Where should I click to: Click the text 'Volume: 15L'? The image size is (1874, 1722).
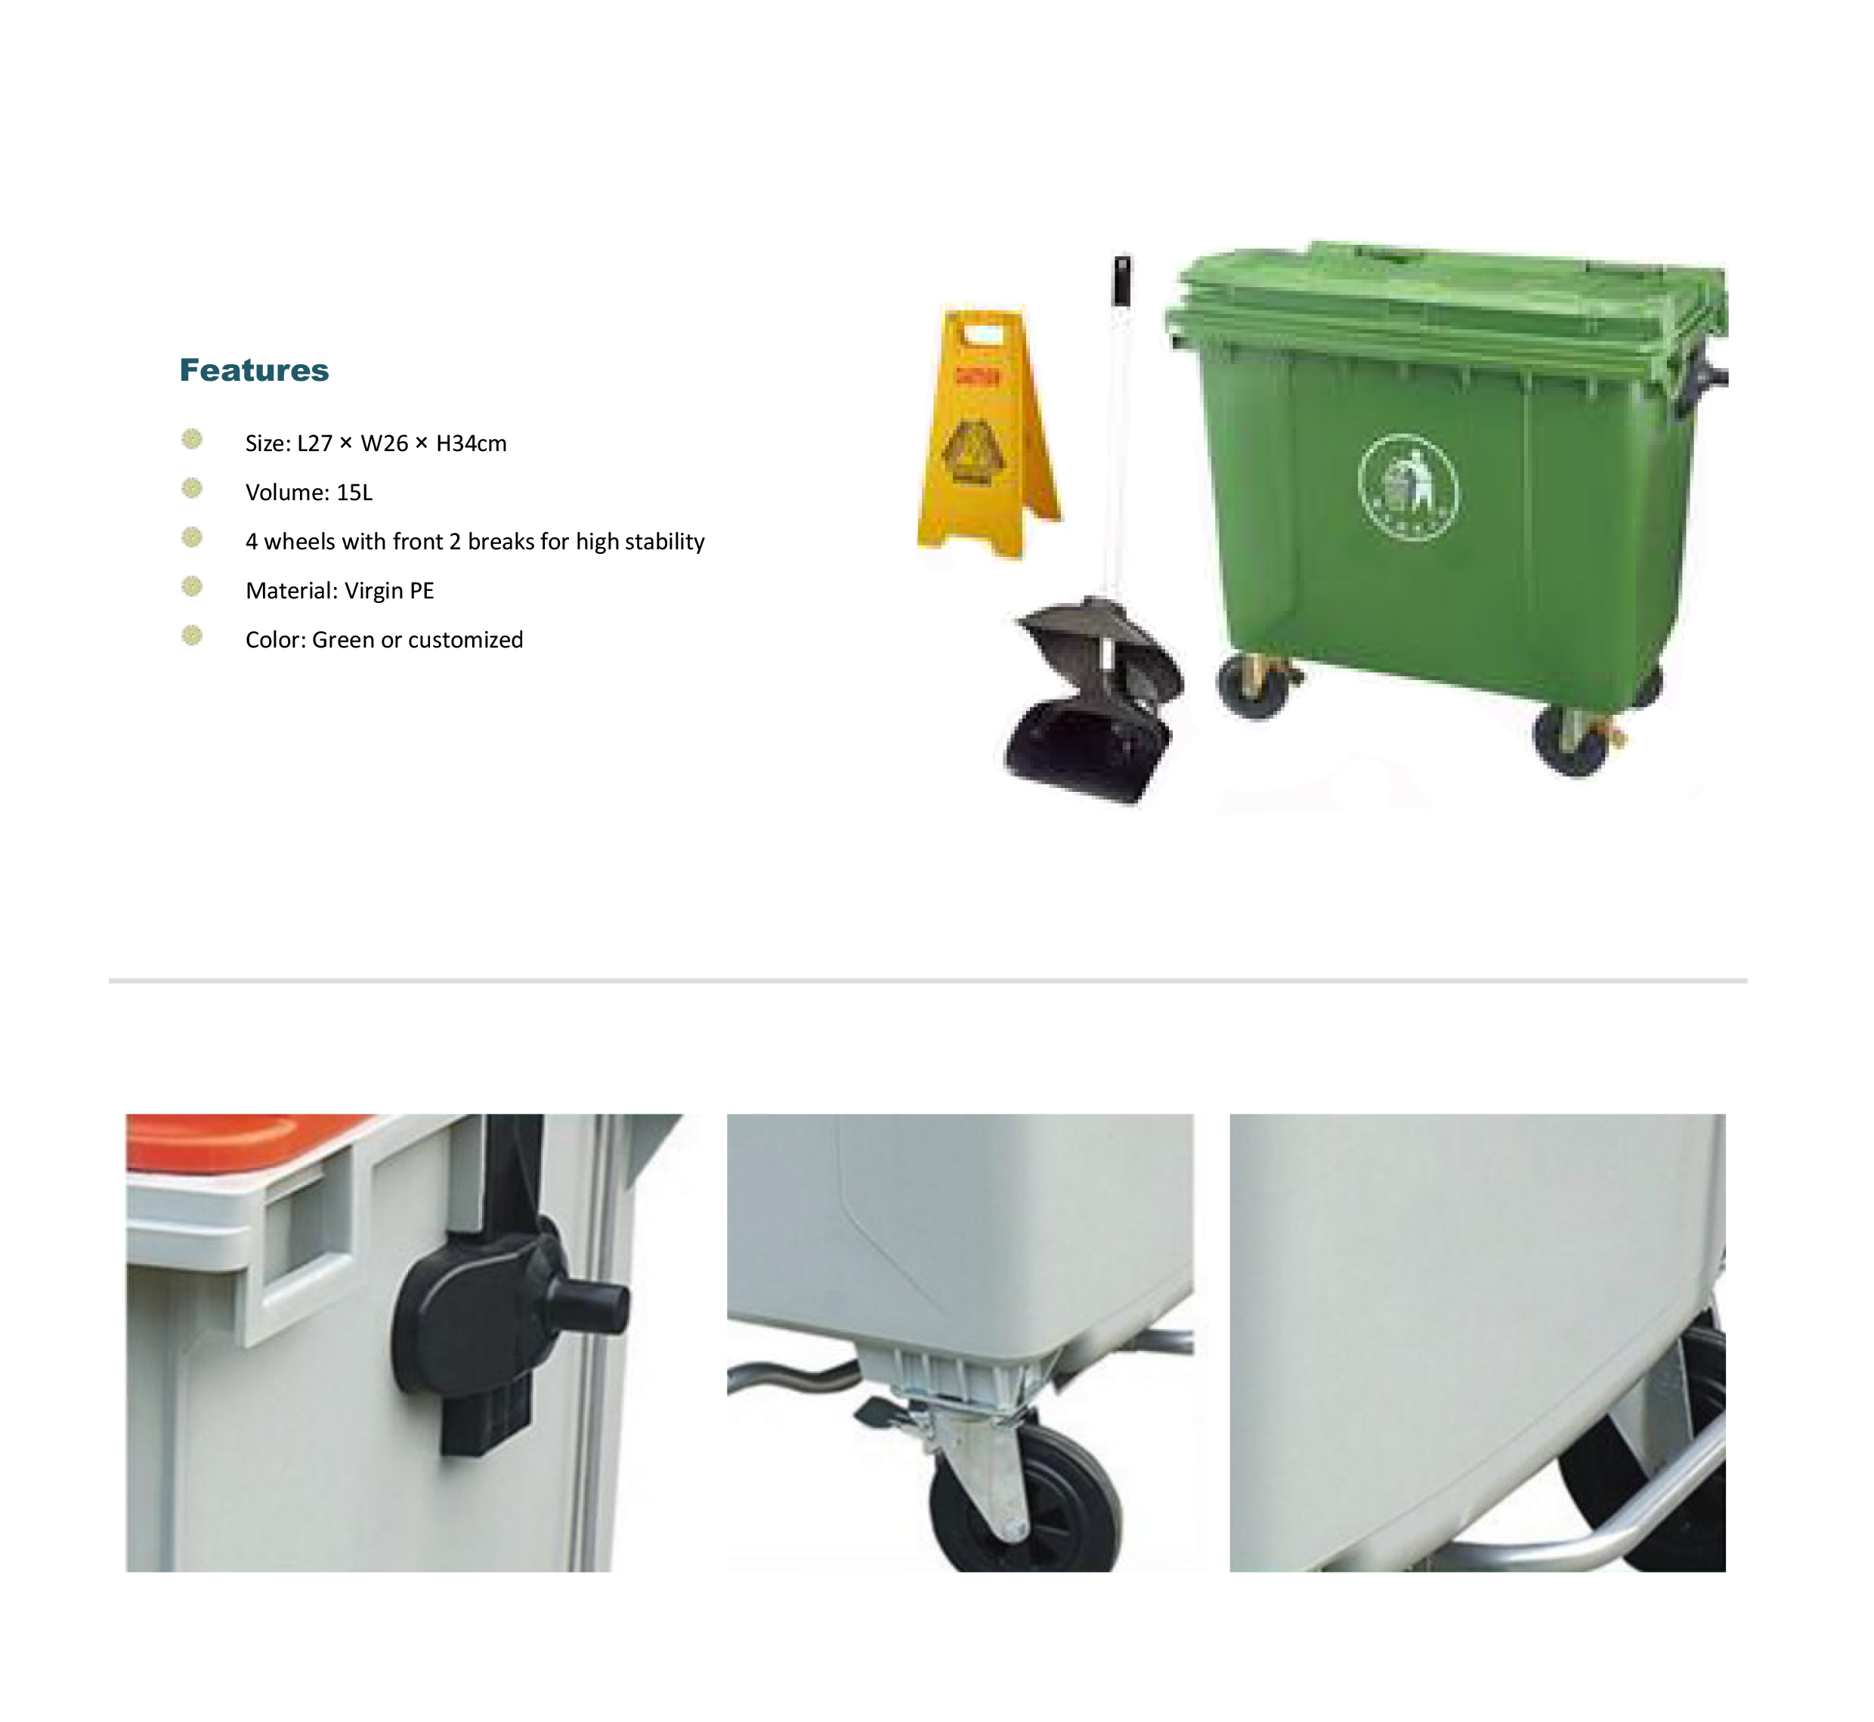coord(308,492)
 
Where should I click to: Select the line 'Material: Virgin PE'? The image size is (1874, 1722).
coord(339,591)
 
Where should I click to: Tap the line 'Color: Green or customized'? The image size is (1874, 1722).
coord(384,640)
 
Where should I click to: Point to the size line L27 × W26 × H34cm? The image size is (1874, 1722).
coord(376,444)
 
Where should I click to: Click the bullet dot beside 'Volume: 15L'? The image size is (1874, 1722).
coord(192,488)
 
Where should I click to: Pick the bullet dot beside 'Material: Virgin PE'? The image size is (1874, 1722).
coord(192,586)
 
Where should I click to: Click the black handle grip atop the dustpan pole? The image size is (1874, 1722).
coord(1123,279)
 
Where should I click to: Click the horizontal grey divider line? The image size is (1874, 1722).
coord(927,980)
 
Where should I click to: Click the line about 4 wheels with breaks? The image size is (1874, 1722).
coord(475,542)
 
